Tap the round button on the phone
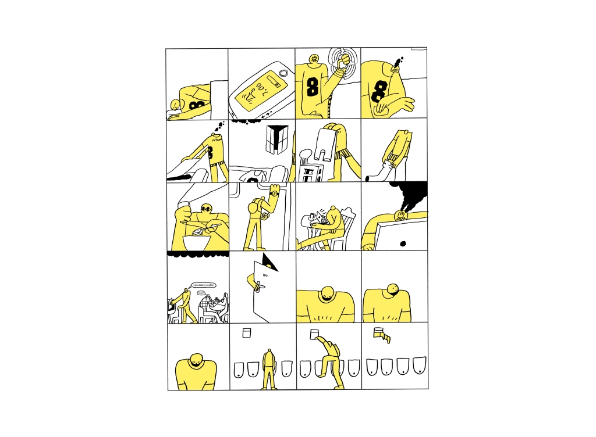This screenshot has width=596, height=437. [283, 73]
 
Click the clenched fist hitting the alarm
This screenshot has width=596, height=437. [345, 59]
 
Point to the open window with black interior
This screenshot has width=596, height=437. [274, 139]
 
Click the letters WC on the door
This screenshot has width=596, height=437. [265, 275]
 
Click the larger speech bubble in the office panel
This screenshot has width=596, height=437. [204, 285]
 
